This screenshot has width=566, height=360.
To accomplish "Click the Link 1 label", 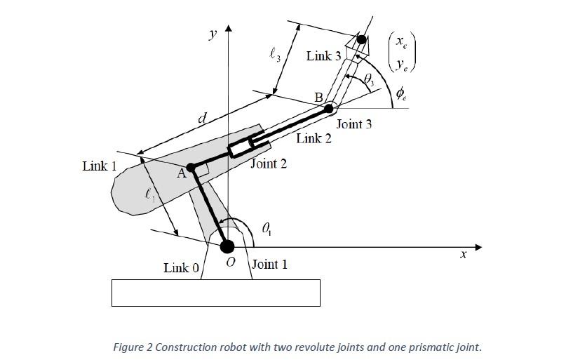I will coord(99,166).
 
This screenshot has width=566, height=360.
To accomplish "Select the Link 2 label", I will coord(314,138).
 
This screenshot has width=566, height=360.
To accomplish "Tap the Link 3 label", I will coord(323,56).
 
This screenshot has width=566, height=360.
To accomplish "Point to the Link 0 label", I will coord(181,267).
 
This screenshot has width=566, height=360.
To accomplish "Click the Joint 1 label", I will coord(269,265).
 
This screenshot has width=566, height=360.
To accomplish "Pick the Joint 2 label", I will coord(269,164).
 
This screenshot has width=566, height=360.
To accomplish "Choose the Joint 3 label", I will coord(354,124).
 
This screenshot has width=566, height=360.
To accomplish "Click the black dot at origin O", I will coord(227,246).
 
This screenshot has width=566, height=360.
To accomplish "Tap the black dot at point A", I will coord(190,168).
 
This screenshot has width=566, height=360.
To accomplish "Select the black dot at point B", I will coord(329,108).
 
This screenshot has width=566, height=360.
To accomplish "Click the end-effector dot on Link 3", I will coord(362,39).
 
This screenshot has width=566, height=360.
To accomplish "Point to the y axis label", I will coord(213,34).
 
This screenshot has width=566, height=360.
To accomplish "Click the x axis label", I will coord(463,255).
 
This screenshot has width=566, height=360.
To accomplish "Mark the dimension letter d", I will coord(201,119).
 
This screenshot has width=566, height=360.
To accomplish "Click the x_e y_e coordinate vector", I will coord(401,53).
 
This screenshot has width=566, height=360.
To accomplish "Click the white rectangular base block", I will coord(215,293).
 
